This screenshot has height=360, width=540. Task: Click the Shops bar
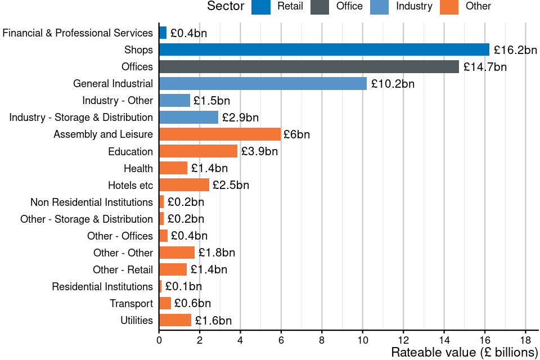(x=324, y=49)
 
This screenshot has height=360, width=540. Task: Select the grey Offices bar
(x=309, y=66)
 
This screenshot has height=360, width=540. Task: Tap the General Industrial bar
(x=263, y=84)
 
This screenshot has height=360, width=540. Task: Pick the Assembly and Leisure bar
(x=220, y=134)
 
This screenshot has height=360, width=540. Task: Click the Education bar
(x=199, y=151)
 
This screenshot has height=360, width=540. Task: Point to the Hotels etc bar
(x=184, y=185)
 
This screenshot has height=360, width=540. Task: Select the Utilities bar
(x=175, y=321)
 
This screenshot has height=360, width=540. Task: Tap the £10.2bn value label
(x=393, y=84)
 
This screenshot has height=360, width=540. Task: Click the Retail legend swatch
(x=261, y=6)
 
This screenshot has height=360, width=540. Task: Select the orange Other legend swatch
(x=449, y=6)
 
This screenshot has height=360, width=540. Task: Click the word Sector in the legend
(x=226, y=6)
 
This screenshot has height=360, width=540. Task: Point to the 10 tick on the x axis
(x=362, y=340)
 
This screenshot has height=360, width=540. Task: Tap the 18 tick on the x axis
(x=525, y=340)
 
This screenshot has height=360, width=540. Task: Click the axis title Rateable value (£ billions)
(x=465, y=353)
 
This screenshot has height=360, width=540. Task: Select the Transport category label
(x=131, y=304)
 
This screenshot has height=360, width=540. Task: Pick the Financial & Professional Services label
(x=78, y=33)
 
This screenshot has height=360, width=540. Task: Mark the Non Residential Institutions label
(x=92, y=202)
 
